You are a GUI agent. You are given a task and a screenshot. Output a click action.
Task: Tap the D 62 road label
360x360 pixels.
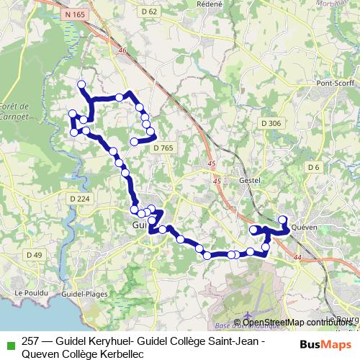[x=149, y=12]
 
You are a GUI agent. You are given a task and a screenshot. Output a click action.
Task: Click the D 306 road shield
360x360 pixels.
[x=271, y=123]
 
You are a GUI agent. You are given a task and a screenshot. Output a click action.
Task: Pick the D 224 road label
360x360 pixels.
[x=79, y=199]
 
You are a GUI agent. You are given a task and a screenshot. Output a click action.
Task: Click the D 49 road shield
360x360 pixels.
[x=34, y=254]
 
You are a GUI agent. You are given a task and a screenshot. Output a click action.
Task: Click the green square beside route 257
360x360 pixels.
[x=9, y=344]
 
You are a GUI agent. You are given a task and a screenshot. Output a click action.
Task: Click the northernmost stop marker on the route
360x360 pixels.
[x=81, y=84]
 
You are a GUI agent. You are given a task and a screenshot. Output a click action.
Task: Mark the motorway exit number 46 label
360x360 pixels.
[x=122, y=50]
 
